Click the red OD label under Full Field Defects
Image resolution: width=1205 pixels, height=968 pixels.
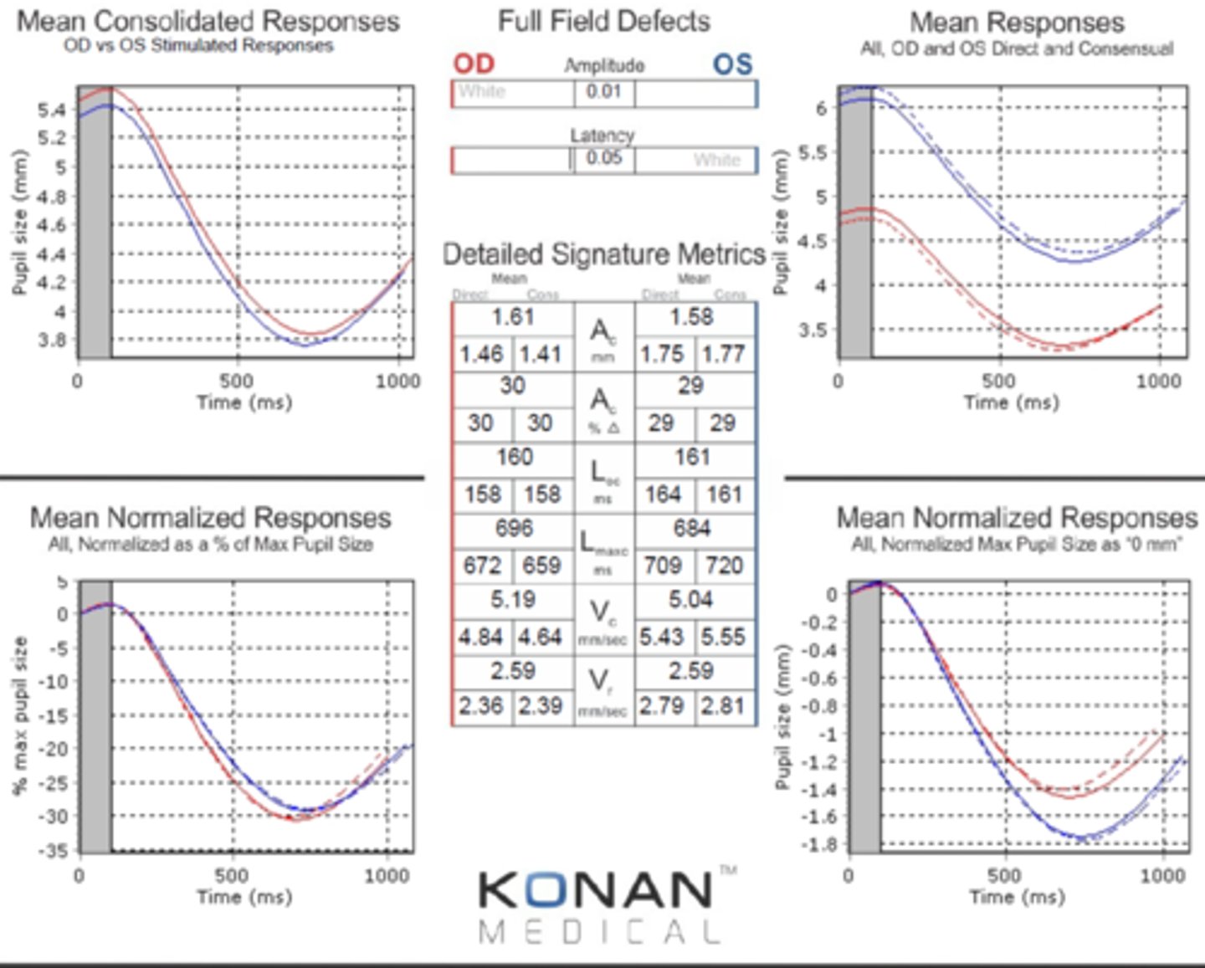[x=474, y=64]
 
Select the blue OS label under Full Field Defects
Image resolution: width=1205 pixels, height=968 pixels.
[x=732, y=64]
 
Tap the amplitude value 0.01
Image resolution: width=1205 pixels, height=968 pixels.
[x=604, y=91]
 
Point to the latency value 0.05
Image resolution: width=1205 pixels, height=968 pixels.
[x=604, y=158]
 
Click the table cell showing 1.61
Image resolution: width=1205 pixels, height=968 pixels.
[x=513, y=317]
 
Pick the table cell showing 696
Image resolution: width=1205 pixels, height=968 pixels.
[x=513, y=529]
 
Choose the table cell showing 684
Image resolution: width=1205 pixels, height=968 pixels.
[x=691, y=529]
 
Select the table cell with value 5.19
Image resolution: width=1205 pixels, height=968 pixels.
[x=513, y=600]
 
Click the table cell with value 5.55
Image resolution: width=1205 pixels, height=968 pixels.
[x=723, y=638]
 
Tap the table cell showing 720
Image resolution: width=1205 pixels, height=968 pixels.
[x=724, y=566]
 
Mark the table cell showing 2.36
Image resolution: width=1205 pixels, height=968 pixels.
[x=481, y=706]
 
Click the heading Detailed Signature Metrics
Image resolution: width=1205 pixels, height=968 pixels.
[x=603, y=254]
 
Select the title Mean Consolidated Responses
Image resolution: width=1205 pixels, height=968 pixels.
[x=208, y=21]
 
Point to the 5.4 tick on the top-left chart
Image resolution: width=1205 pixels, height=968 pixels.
[x=52, y=110]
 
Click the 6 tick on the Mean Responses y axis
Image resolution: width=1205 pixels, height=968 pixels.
[x=821, y=108]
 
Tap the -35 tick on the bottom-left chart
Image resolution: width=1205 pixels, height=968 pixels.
[x=54, y=851]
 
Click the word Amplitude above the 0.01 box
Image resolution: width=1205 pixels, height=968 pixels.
[x=604, y=65]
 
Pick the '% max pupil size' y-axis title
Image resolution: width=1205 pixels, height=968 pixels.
[x=19, y=715]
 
